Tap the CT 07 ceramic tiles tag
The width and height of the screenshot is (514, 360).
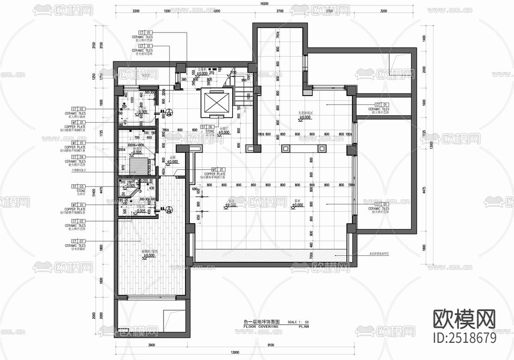(x=75, y=241)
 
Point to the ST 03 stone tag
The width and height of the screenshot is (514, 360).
(x=75, y=186)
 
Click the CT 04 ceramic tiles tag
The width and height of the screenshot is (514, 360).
(x=75, y=157)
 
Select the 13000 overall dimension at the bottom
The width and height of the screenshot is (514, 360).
(x=234, y=352)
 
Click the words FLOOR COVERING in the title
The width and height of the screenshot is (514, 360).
(x=261, y=327)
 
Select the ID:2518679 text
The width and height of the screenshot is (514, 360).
(x=465, y=338)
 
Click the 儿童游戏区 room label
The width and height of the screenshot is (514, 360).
(x=306, y=114)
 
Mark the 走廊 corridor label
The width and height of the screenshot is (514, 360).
(x=173, y=157)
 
